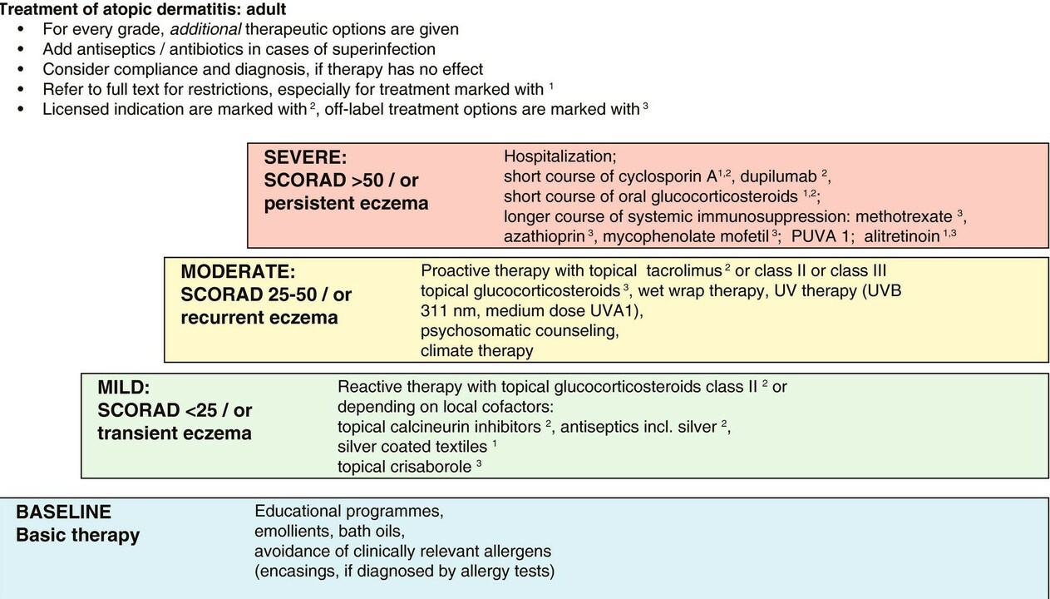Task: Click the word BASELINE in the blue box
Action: coord(63,512)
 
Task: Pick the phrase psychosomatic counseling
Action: coord(520,330)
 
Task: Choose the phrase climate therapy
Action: coord(476,350)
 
